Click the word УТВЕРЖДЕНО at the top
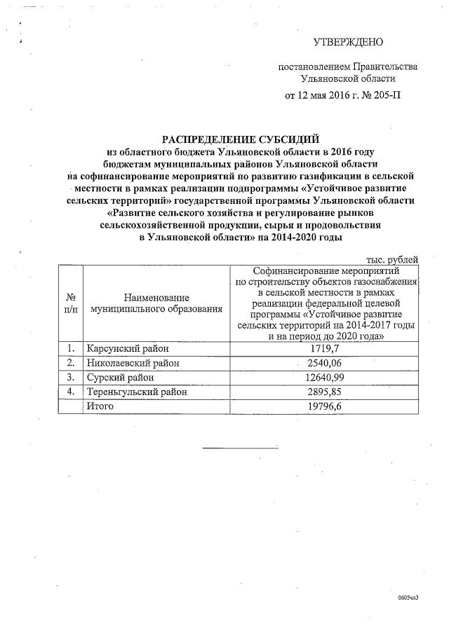(x=348, y=43)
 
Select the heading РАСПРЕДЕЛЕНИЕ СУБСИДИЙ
(x=222, y=140)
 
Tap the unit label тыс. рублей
(x=394, y=259)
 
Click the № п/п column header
(x=70, y=302)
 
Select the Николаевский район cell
(x=133, y=363)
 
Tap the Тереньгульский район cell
(x=137, y=392)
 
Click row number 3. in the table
(x=70, y=378)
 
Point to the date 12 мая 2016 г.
(x=327, y=95)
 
